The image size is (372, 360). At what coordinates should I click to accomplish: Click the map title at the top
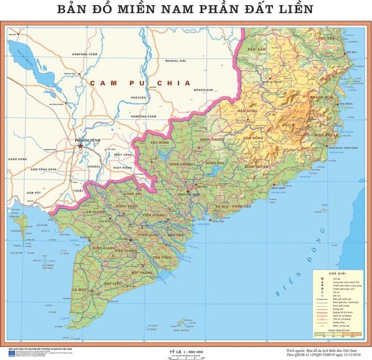[185, 9]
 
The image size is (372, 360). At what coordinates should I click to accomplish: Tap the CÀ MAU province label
[80, 289]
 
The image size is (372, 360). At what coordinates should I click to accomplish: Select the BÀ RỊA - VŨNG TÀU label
[232, 205]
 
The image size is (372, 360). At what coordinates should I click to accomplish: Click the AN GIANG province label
[95, 211]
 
